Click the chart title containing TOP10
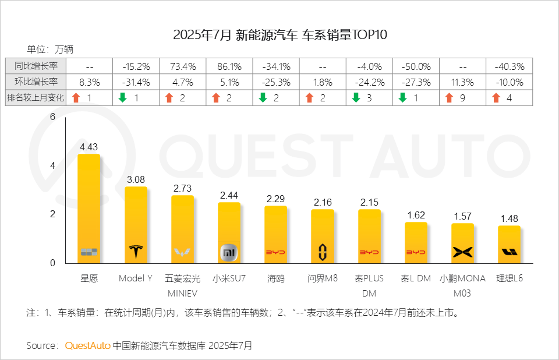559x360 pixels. [280, 35]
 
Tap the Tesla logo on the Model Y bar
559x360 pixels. [136, 252]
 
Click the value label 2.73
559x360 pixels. [182, 188]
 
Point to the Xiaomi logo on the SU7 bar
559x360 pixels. [229, 252]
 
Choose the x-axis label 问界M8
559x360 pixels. [323, 278]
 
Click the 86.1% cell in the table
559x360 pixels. [229, 66]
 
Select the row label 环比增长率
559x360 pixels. [36, 82]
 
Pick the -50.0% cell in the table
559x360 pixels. [416, 66]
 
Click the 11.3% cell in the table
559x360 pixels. [462, 82]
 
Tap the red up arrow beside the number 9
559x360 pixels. [448, 98]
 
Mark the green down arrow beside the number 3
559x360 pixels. [356, 98]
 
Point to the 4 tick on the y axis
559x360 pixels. [52, 165]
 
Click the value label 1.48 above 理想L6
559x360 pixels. [509, 218]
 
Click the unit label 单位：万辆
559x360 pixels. [50, 49]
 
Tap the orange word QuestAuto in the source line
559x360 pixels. [87, 345]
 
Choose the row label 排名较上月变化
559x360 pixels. [36, 98]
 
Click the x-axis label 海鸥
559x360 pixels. [275, 278]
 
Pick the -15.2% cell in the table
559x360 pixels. [136, 66]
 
